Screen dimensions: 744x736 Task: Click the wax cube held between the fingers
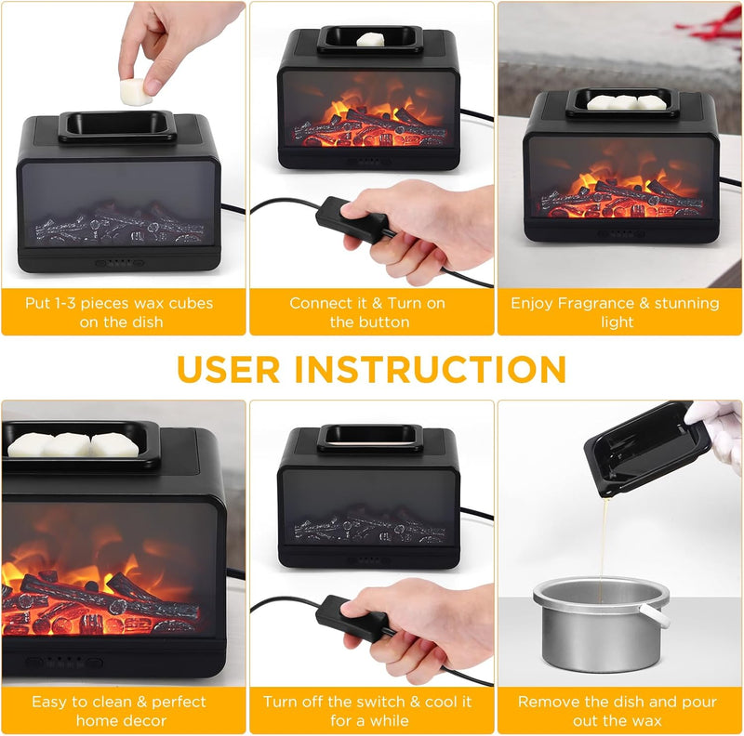point(135,92)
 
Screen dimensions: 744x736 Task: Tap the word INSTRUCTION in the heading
point(431,370)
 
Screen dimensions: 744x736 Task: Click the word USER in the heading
point(229,370)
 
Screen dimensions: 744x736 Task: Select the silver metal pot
point(601,623)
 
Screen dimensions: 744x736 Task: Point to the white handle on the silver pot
point(655,614)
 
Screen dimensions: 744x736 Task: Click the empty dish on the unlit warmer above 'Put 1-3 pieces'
point(117,127)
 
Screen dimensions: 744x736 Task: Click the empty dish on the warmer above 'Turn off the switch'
point(369,439)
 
